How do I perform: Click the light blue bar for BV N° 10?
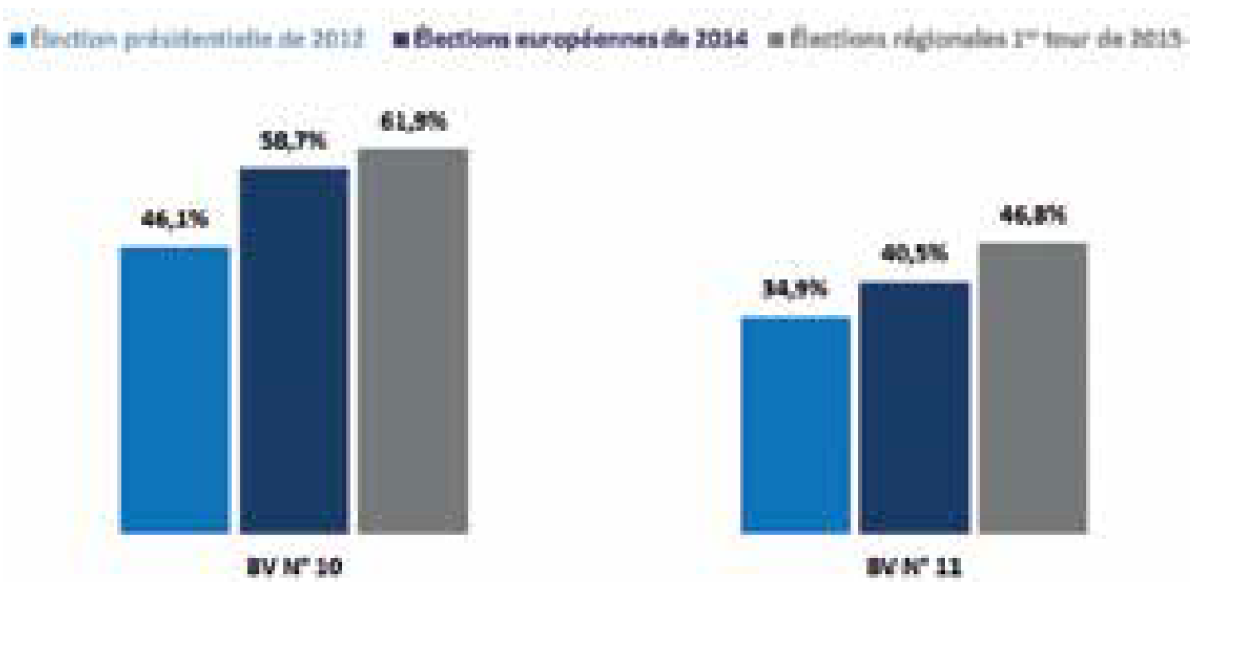click(175, 390)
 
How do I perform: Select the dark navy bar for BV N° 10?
click(293, 351)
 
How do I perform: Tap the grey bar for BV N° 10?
click(413, 341)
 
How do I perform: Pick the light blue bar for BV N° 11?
click(795, 425)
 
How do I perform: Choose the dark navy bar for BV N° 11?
click(914, 407)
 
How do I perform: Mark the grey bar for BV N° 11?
click(1033, 387)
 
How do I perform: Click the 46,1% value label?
click(174, 222)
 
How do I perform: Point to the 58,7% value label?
click(294, 142)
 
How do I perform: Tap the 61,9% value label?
click(414, 122)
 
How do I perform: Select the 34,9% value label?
click(796, 290)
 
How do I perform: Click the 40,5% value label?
click(914, 255)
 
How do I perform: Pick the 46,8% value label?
click(1033, 215)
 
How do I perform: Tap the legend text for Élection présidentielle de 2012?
click(195, 40)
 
